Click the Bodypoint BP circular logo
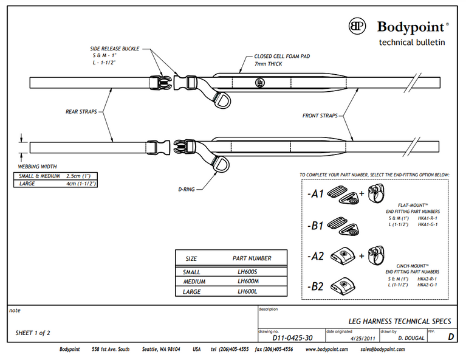(x=357, y=26)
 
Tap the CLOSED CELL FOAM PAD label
(x=283, y=56)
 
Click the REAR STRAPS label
(x=81, y=111)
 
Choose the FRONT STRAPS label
(x=320, y=114)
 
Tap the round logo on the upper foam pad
(x=261, y=81)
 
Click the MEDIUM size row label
(x=194, y=282)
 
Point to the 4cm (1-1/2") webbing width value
(x=81, y=183)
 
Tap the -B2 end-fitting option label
(x=315, y=286)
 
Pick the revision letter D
(x=450, y=336)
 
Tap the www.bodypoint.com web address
(x=327, y=350)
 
